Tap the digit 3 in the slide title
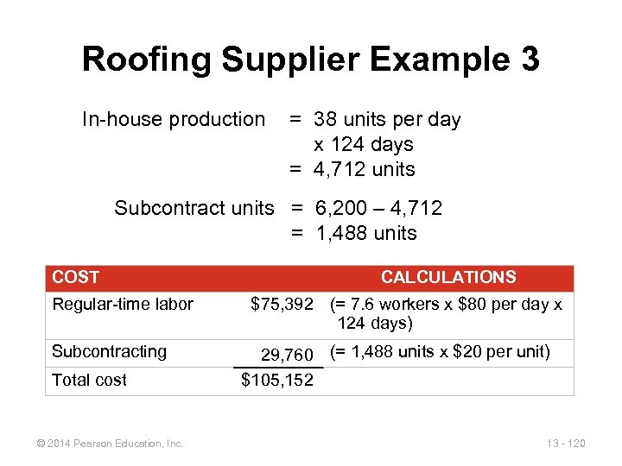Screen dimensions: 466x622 [x=530, y=60]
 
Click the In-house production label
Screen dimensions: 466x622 [x=174, y=119]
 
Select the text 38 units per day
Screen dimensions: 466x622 [x=387, y=119]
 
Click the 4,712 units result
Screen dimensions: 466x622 [x=364, y=169]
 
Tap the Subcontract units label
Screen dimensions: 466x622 [x=194, y=208]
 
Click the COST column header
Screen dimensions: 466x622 [x=76, y=277]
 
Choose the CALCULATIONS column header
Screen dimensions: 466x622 [x=448, y=277]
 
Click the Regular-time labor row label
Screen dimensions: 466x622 [x=123, y=303]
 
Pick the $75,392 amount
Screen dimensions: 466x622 [x=282, y=304]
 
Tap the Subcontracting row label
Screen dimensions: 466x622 [x=109, y=351]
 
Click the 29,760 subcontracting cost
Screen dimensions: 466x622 [x=287, y=355]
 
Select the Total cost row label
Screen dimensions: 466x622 [x=89, y=380]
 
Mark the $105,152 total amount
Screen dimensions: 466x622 [x=277, y=380]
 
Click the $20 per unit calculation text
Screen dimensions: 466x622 [x=440, y=351]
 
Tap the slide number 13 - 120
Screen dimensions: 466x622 [x=566, y=444]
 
